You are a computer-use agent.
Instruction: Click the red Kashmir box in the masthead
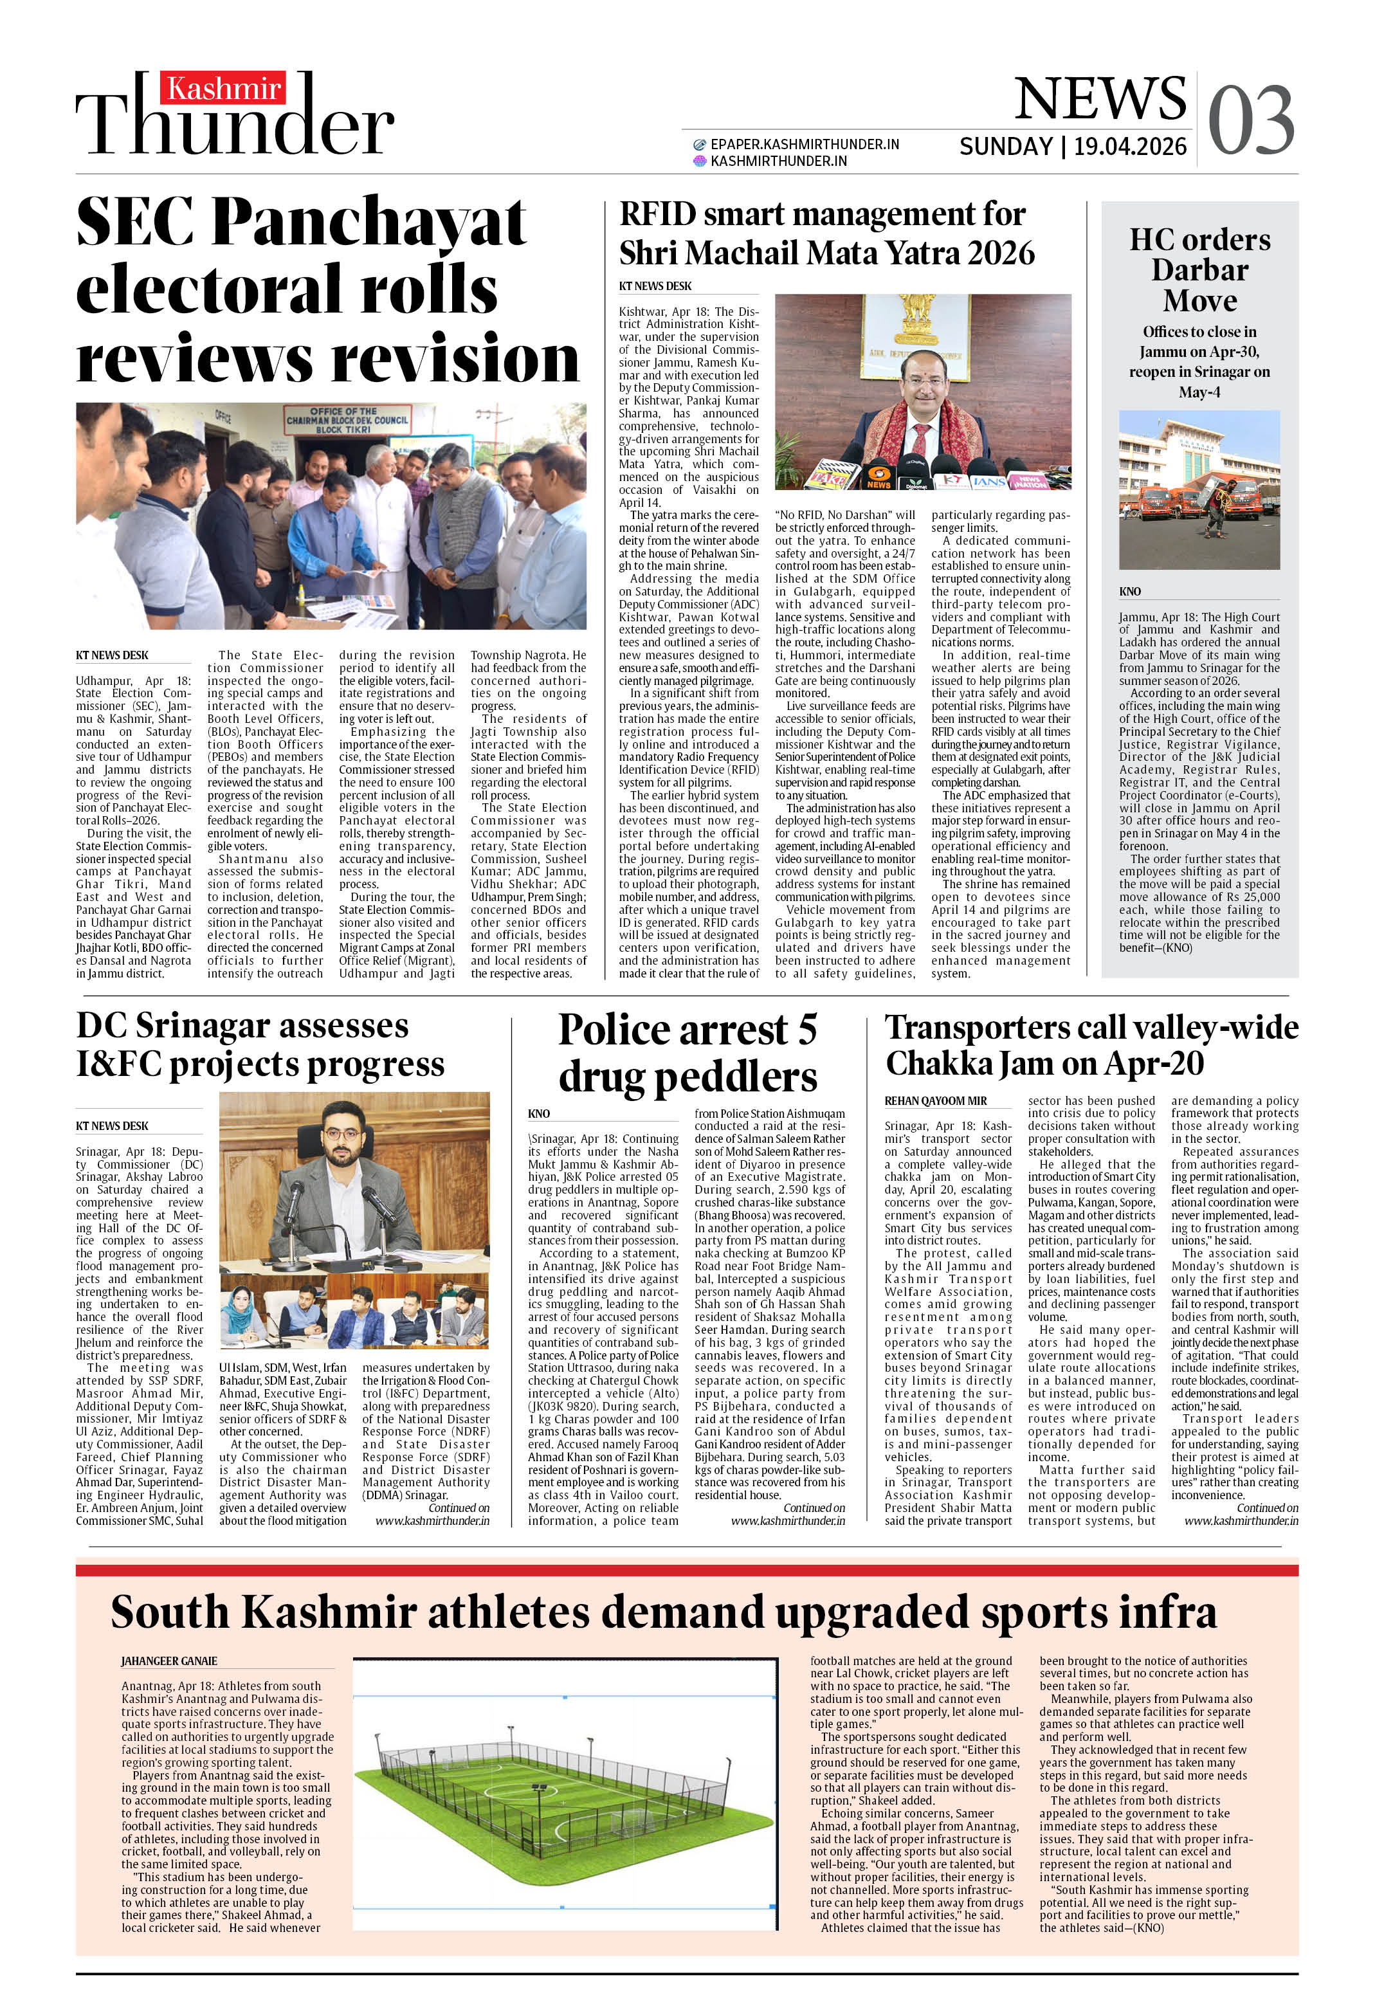223,88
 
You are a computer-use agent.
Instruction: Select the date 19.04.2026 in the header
1130,147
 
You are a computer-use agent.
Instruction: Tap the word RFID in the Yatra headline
658,214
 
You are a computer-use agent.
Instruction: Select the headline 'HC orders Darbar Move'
1199,269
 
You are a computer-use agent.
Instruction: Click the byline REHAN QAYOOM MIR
935,1101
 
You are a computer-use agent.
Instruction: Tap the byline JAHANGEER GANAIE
169,1661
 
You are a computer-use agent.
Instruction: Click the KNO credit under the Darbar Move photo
1130,592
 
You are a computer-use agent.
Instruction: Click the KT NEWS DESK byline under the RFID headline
655,286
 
